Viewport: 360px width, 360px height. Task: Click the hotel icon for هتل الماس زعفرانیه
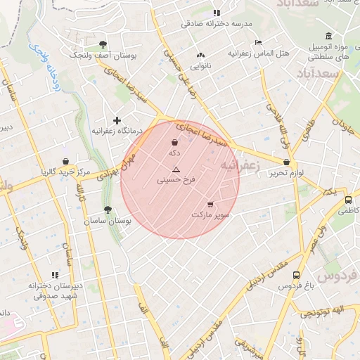pos(258,42)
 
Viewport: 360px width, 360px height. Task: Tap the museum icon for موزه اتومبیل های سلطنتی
pos(328,37)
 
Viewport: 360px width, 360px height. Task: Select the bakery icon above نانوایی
pos(201,54)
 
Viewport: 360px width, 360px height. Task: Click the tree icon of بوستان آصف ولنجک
pos(104,44)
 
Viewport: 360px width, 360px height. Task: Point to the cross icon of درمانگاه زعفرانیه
pos(117,121)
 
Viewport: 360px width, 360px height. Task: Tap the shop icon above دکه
pos(174,143)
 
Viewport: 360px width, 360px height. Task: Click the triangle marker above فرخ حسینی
pos(176,169)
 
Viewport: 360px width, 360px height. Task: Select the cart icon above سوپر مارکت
pos(210,204)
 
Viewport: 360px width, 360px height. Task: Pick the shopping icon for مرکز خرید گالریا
pos(65,162)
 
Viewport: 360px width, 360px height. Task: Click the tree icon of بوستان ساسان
pos(108,210)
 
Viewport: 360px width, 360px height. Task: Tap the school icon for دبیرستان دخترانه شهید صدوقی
pos(55,275)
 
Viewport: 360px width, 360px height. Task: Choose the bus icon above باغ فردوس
pos(296,276)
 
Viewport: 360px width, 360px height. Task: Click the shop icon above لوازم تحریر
pos(286,162)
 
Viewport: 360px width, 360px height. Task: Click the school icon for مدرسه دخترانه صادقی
pos(217,13)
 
